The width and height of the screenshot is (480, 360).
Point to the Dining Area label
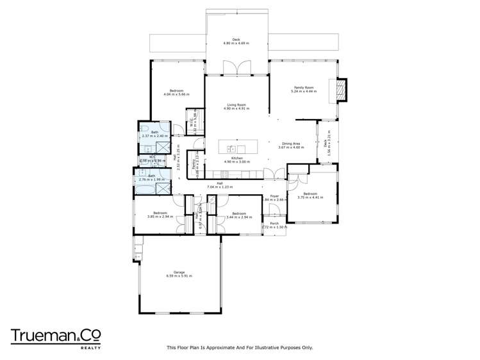[291, 145]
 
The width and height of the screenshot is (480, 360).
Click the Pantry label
[198, 165]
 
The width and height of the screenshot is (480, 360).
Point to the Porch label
[274, 224]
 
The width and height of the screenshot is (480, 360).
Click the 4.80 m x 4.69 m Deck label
[236, 40]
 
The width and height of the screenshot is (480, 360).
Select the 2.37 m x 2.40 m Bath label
[154, 134]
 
